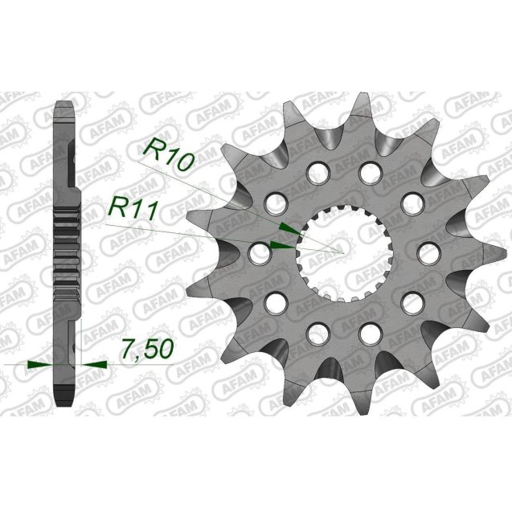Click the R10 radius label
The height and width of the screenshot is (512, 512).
point(169,154)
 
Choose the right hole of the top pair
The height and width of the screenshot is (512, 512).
point(369,171)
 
